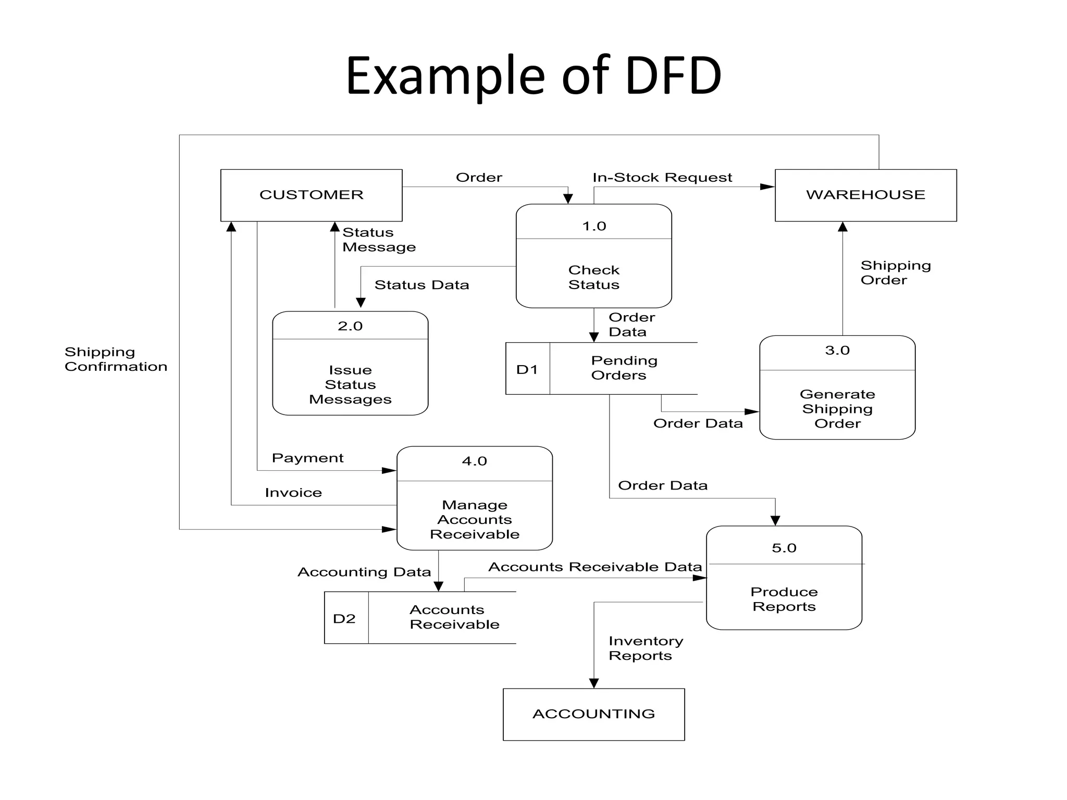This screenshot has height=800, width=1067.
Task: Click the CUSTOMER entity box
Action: [311, 195]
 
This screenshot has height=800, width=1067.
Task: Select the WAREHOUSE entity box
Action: [865, 195]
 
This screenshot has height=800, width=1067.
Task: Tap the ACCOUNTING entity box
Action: [593, 714]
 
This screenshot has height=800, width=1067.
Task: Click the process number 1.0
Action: [594, 226]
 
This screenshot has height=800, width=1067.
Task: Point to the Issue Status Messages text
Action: [350, 384]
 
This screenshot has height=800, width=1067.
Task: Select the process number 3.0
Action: [837, 351]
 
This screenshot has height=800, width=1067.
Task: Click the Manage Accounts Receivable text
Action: [475, 519]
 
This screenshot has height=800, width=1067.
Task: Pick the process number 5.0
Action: [784, 548]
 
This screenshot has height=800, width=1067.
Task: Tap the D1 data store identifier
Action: [527, 369]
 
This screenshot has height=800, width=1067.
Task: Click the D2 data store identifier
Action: [344, 619]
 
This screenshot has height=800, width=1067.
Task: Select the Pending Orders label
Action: [624, 368]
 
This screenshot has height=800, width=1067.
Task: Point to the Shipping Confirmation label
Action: [116, 359]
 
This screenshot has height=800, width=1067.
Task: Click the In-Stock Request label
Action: [662, 178]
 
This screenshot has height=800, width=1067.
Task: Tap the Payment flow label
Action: [307, 458]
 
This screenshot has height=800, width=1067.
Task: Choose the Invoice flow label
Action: [293, 493]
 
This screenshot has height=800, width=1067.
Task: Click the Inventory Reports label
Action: [645, 648]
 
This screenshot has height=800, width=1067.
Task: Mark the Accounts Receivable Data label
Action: [595, 567]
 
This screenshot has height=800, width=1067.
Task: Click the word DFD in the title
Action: [673, 76]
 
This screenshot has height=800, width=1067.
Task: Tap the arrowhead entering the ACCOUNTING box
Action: [594, 683]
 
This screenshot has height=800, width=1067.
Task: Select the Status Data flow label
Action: [421, 285]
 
